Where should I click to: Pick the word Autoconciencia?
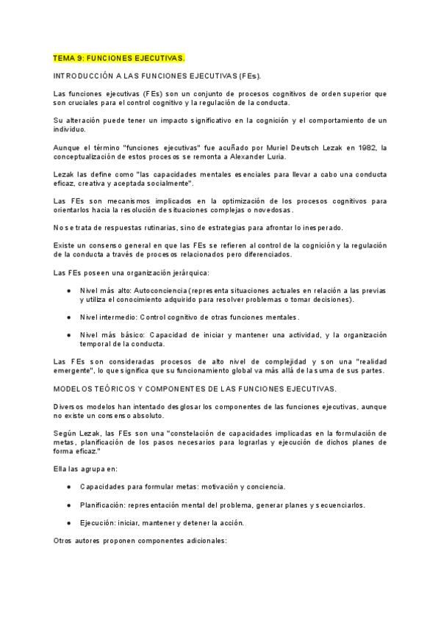[160, 290]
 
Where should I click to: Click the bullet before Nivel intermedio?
[68, 317]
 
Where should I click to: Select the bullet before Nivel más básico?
[68, 334]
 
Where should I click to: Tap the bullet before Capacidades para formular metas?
[68, 487]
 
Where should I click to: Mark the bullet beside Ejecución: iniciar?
[68, 522]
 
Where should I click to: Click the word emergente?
[76, 370]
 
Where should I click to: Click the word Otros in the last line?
[65, 541]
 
